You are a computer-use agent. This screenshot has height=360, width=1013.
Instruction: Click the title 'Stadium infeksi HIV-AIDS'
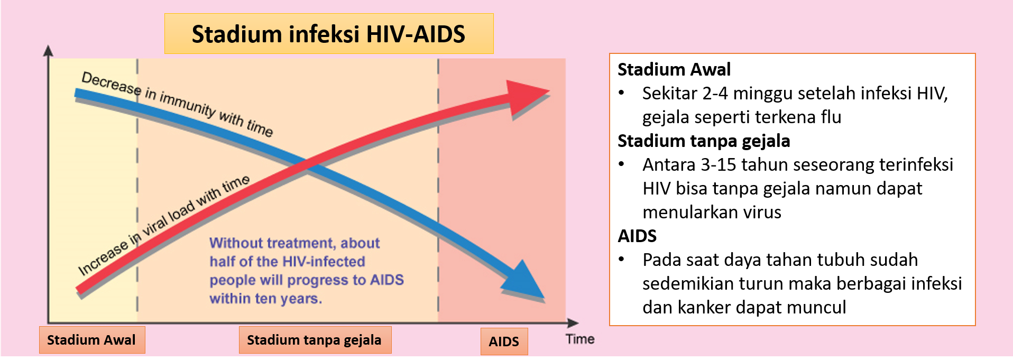coord(328,34)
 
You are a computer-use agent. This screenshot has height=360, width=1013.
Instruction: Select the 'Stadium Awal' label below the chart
coord(91,340)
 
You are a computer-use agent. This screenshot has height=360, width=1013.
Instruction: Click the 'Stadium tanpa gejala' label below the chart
coord(315,340)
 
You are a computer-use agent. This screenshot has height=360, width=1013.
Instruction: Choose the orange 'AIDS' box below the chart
coord(504,341)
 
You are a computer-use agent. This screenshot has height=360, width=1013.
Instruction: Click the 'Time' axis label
coord(580,339)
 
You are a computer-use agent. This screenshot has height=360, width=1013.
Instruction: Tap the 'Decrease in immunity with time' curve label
coord(177,104)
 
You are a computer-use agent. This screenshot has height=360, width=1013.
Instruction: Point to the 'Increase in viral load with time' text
coord(164,225)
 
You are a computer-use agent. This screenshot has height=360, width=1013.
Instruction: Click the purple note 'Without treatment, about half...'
coord(307,271)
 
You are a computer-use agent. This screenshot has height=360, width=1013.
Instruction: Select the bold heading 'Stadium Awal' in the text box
coord(674,69)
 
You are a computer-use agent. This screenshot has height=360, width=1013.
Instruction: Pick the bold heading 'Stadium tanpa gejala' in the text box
coord(704,141)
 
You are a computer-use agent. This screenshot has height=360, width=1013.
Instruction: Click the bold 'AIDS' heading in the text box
coord(637,236)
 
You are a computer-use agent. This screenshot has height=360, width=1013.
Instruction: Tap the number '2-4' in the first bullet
coord(715,94)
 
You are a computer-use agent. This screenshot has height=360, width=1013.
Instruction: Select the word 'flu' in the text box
coord(831,117)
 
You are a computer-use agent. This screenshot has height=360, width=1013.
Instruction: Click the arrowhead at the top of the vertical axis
coord(48,51)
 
